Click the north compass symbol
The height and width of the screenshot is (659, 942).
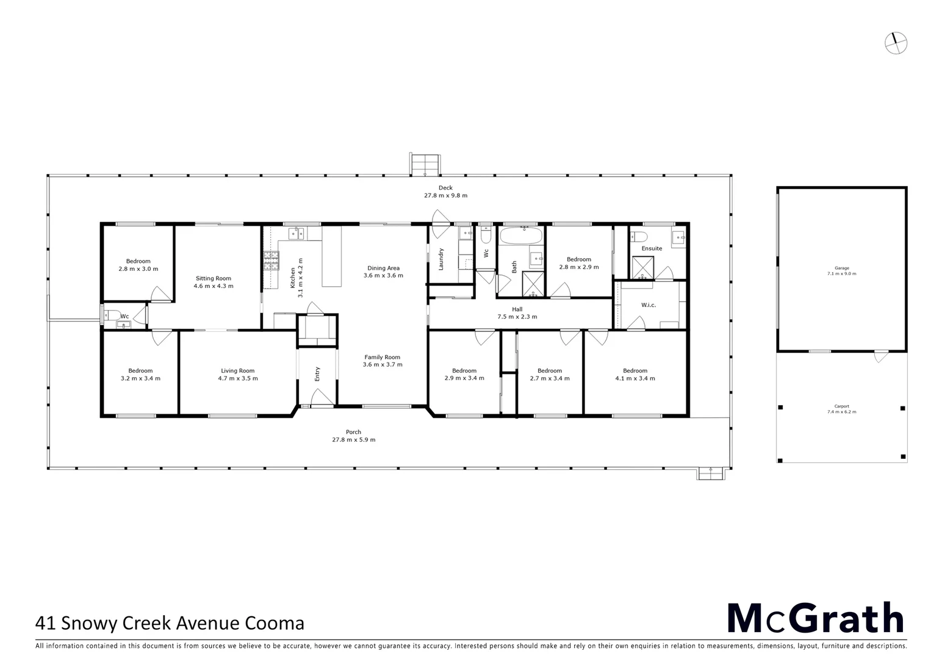896,43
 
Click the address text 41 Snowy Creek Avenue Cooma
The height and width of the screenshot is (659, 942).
170,623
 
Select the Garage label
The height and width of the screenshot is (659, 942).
841,270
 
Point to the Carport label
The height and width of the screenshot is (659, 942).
841,409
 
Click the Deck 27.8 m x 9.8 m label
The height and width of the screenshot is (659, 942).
445,192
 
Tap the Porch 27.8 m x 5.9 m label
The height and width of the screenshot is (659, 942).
353,436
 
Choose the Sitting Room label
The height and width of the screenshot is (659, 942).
214,282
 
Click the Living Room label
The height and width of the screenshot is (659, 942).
237,374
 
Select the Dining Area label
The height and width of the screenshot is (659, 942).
383,272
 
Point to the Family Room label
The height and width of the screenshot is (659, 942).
383,361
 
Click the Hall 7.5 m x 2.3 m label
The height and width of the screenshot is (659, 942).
517,313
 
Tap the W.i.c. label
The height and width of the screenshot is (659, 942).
648,305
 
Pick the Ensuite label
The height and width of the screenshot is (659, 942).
652,248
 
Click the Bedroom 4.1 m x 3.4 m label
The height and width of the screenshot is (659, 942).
635,374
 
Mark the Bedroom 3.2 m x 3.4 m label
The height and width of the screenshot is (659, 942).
140,374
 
